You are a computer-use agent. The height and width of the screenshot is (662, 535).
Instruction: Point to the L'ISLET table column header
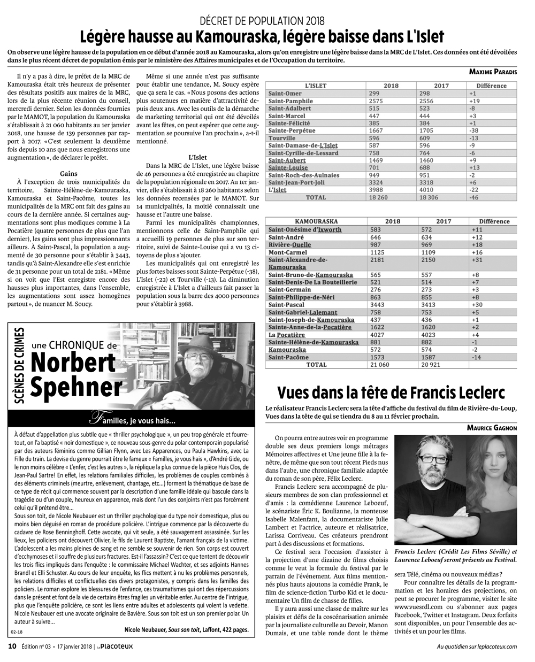pos(316,86)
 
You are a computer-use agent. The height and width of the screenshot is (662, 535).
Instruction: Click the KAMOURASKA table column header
pos(316,221)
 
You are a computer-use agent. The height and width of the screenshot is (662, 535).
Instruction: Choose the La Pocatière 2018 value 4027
pos(376,335)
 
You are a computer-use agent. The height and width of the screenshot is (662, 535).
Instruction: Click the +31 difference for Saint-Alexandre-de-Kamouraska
pos(477,259)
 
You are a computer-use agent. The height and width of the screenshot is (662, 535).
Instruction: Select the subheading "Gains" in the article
pos(70,174)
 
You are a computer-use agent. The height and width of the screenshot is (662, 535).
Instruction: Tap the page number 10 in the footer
pos(11,646)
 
